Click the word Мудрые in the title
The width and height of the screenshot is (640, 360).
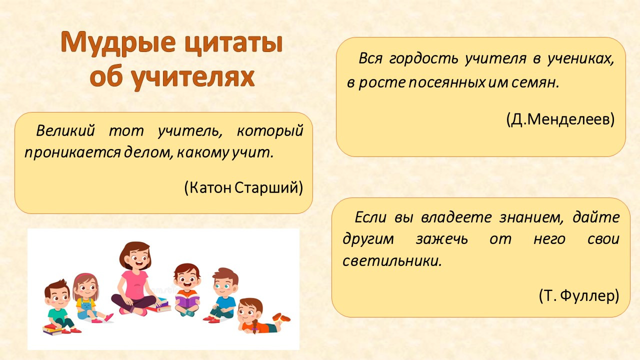(118, 43)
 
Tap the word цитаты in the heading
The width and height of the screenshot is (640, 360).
(233, 43)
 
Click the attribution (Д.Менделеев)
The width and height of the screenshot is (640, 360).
(560, 119)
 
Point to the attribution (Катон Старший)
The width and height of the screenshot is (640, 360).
(243, 187)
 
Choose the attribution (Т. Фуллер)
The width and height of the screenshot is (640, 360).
(579, 295)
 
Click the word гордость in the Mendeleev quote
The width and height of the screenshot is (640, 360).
(423, 59)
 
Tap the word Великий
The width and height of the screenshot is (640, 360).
(65, 131)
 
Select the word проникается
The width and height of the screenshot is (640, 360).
(72, 153)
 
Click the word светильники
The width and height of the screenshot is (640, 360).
(392, 261)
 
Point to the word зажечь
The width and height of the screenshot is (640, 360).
(441, 239)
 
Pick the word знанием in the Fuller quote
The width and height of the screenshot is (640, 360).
(531, 217)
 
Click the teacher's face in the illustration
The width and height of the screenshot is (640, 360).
(139, 259)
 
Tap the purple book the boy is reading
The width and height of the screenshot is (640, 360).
(187, 300)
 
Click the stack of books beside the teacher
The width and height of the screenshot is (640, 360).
(160, 305)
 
